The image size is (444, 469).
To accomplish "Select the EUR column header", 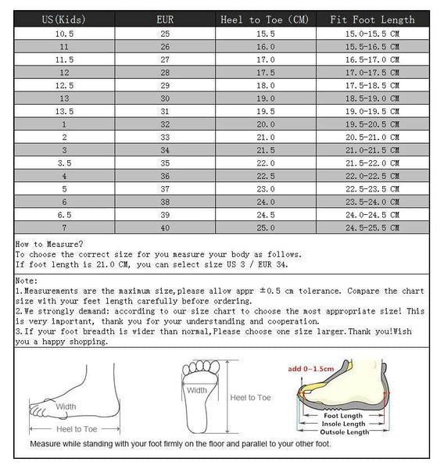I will click(x=165, y=19).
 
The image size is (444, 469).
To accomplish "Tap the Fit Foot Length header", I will click(x=373, y=19).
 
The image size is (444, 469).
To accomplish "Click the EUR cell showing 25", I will click(x=165, y=34).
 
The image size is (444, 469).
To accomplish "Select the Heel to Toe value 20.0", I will click(x=267, y=124).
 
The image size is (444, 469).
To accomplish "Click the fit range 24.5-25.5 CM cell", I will click(x=373, y=227).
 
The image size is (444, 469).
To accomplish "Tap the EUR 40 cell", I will click(x=165, y=227).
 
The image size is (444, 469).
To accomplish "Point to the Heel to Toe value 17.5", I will click(x=267, y=73).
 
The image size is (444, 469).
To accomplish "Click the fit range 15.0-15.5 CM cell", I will click(x=373, y=34).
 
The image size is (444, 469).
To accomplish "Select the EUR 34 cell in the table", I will click(x=165, y=150).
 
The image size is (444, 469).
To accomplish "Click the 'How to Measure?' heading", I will click(x=42, y=245).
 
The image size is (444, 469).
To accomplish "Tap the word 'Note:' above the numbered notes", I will click(x=27, y=280).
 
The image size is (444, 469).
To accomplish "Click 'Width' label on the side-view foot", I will click(x=66, y=406).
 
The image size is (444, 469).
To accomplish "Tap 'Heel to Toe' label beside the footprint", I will click(x=250, y=397).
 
